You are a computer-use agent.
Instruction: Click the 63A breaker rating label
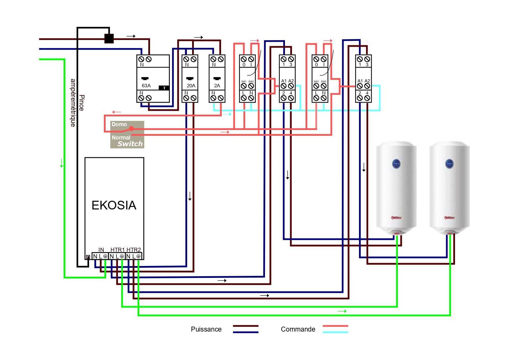point(146,86)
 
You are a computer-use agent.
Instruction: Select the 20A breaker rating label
point(191,86)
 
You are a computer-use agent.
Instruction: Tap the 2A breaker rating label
point(217,86)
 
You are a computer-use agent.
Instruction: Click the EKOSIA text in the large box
point(114,205)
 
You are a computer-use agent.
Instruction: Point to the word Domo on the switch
point(119,124)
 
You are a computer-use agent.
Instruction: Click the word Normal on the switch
point(121,138)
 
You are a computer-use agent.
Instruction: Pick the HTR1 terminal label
point(117,250)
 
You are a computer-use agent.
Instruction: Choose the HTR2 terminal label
point(133,250)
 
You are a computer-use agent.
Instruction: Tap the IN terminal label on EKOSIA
point(101,250)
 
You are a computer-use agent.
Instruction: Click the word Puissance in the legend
point(206,329)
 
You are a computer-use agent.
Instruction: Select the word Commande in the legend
point(298,329)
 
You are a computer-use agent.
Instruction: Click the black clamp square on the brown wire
point(109,39)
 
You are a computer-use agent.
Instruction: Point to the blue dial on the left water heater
point(396,164)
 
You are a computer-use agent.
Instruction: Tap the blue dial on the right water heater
point(449,164)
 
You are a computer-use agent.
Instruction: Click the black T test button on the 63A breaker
point(164,88)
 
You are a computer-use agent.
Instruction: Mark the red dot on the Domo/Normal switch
point(131,129)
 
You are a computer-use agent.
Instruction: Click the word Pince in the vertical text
point(82,103)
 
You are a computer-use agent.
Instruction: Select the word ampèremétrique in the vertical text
point(73,103)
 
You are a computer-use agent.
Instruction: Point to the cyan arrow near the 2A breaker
point(227,114)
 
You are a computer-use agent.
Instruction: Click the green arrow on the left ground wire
point(62,163)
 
